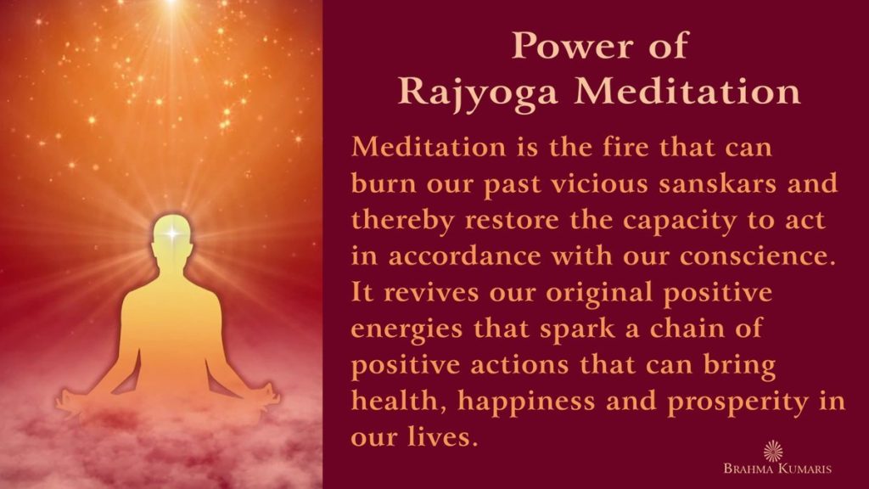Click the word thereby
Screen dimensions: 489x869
point(403,220)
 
